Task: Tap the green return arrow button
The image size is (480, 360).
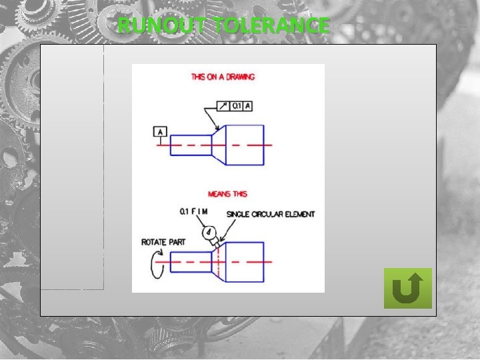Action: tap(408, 288)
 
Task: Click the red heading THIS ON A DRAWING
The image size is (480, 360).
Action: tap(223, 77)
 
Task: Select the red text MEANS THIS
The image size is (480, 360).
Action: tap(227, 194)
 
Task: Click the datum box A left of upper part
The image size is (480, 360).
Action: tap(160, 132)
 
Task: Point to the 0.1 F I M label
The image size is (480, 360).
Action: tap(194, 212)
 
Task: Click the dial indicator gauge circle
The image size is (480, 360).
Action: tap(209, 231)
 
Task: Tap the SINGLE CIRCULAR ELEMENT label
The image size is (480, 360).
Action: tap(271, 214)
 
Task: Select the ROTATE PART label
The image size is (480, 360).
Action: tap(163, 242)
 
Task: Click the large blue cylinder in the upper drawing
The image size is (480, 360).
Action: tap(245, 145)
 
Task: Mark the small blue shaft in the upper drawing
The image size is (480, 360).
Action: tap(191, 145)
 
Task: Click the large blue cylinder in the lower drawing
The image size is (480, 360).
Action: tap(245, 261)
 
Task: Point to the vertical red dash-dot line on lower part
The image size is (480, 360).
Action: tap(218, 261)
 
